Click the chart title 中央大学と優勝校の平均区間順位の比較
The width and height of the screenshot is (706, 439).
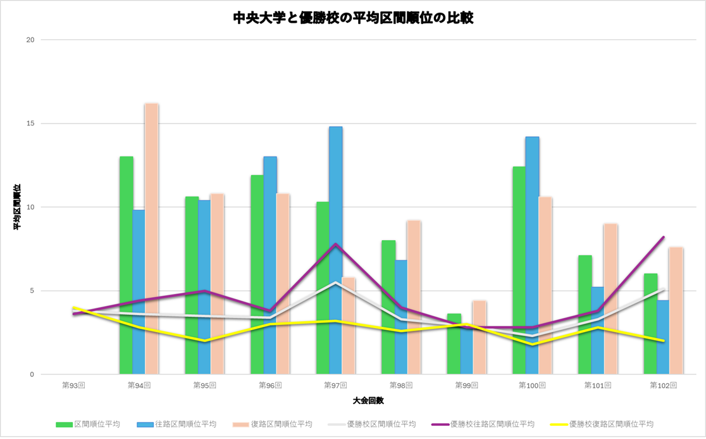coord(353,18)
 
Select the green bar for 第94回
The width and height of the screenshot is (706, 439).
coord(127,265)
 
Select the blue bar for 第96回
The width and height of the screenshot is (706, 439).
coord(270,265)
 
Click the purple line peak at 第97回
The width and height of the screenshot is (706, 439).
coord(336,244)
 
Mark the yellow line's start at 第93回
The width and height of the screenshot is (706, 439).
coord(74,308)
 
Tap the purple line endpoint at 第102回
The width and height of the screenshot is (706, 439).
coord(663,237)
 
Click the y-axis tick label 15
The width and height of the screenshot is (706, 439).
coord(30,124)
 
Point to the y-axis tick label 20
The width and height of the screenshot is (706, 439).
coord(30,40)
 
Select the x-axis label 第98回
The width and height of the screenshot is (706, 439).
coord(401,385)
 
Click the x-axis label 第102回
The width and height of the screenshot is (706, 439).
coord(663,385)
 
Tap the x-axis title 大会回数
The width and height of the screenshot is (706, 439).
coord(368,401)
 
